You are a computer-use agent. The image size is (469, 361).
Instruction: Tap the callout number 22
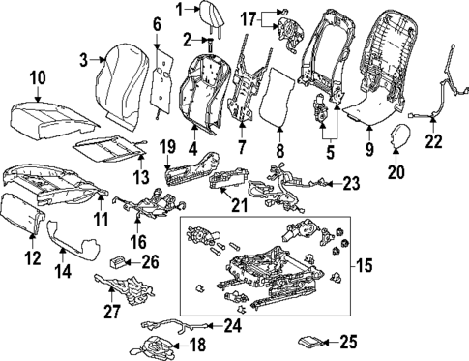click(432, 144)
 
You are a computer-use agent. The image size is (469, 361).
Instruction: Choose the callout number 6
click(158, 23)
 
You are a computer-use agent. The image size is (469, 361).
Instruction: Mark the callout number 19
click(166, 148)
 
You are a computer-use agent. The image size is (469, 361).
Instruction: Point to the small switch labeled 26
click(118, 260)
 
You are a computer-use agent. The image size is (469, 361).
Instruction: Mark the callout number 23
click(350, 182)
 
